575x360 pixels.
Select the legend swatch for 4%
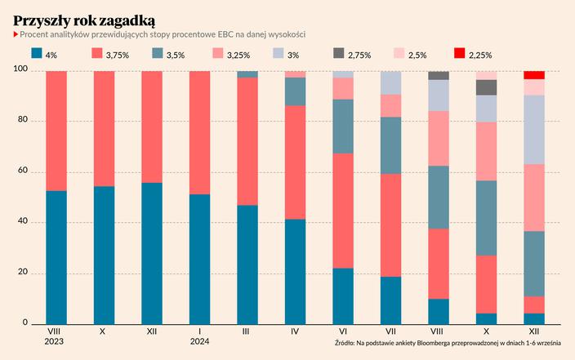(x=37, y=54)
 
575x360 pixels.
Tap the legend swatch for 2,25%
(x=459, y=54)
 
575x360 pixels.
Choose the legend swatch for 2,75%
(x=338, y=54)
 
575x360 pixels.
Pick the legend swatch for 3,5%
(x=158, y=54)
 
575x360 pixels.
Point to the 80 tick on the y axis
(x=21, y=122)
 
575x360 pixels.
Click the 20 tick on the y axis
(x=21, y=273)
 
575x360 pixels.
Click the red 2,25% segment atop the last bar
(x=534, y=75)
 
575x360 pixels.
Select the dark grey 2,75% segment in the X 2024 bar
(x=487, y=87)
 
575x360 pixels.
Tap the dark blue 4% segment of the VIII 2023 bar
(x=56, y=257)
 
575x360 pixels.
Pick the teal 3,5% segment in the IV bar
(x=295, y=91)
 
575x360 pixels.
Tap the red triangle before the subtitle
(x=16, y=34)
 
